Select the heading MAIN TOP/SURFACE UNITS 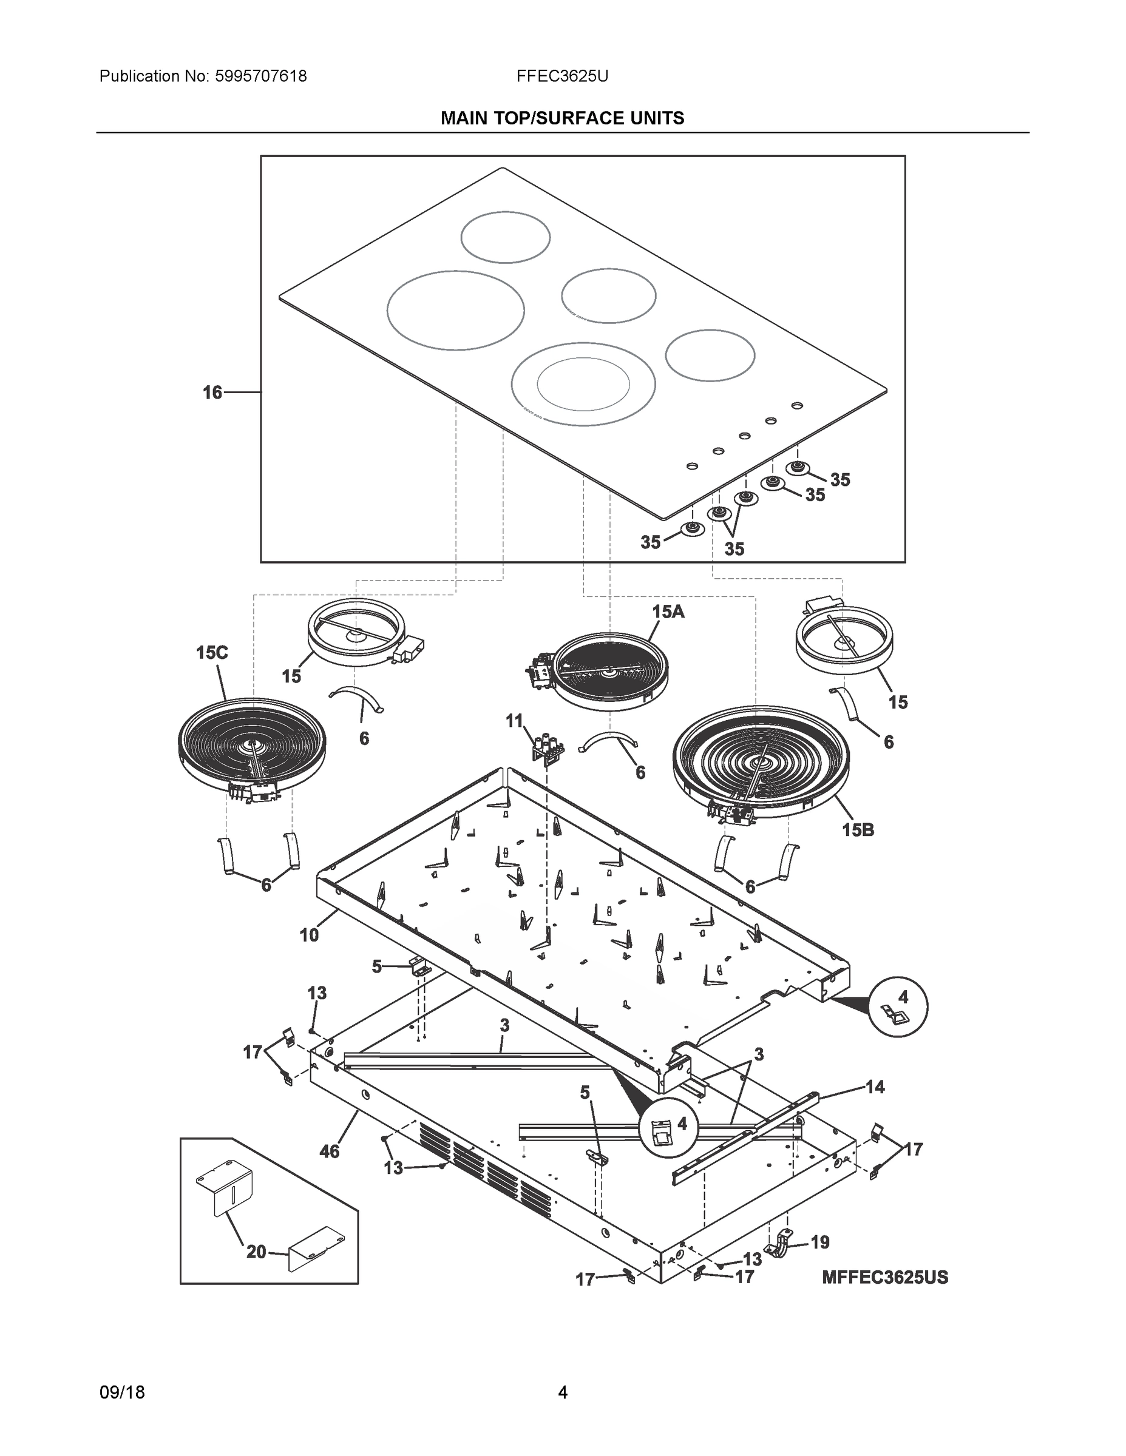pyautogui.click(x=562, y=119)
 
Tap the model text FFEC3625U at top pyautogui.click(x=561, y=76)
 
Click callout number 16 pyautogui.click(x=212, y=393)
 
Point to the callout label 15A pyautogui.click(x=668, y=612)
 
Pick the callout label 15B pyautogui.click(x=858, y=830)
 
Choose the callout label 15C pyautogui.click(x=212, y=653)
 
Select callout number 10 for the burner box pyautogui.click(x=310, y=935)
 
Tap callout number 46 pyautogui.click(x=330, y=1151)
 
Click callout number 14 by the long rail pyautogui.click(x=875, y=1087)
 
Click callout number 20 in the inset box pyautogui.click(x=256, y=1252)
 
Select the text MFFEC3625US pyautogui.click(x=884, y=1277)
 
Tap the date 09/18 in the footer pyautogui.click(x=122, y=1393)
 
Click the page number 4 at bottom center pyautogui.click(x=562, y=1393)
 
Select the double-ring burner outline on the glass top pyautogui.click(x=583, y=386)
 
